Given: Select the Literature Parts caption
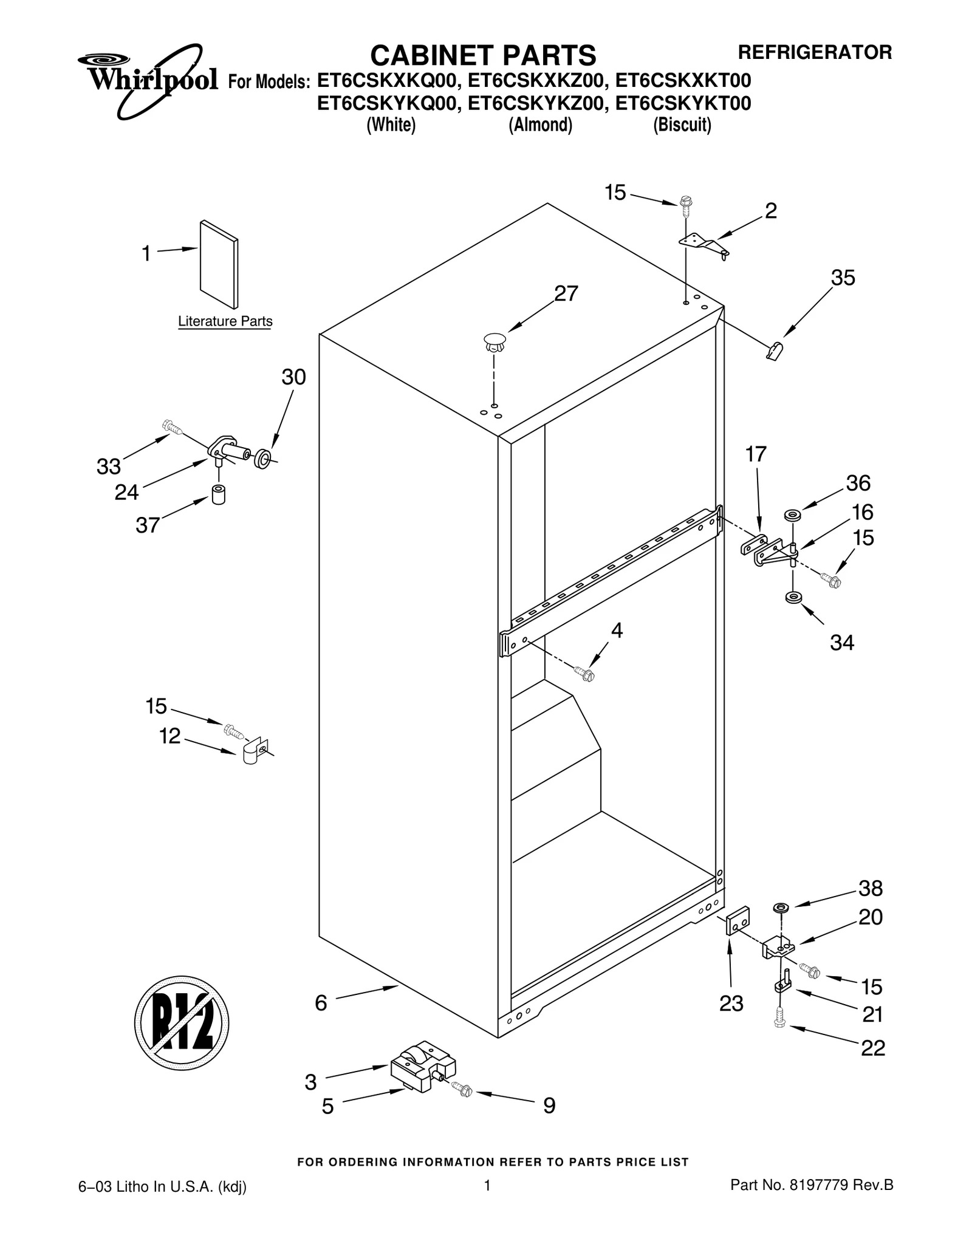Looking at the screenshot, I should [225, 321].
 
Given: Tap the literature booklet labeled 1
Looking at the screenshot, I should [219, 264].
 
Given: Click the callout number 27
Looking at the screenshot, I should [566, 294].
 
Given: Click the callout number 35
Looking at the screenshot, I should [843, 278].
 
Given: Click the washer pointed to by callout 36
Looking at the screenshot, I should [792, 516].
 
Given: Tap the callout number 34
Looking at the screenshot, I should [842, 643].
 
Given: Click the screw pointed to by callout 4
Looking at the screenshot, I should [584, 674].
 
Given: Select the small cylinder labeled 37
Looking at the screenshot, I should [218, 494].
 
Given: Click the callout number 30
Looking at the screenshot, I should [293, 378].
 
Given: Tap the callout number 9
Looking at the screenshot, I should [549, 1106].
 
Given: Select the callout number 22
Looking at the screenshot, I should [873, 1048].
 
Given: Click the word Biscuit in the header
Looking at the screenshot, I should [682, 125].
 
